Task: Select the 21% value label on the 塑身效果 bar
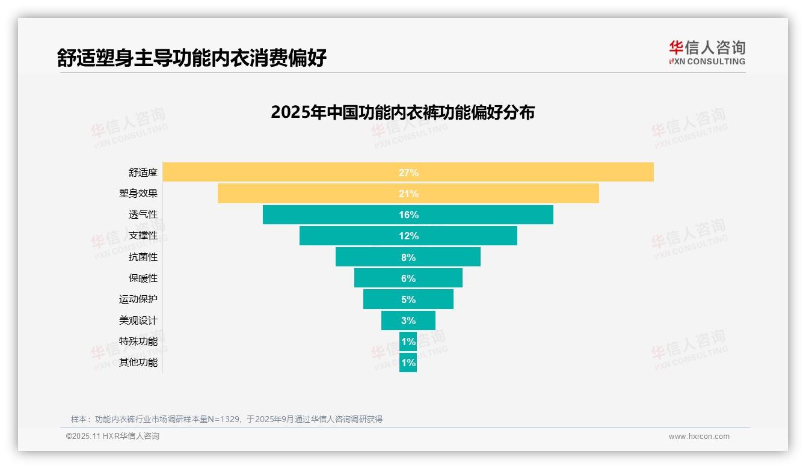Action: [x=408, y=194]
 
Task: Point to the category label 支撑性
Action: [x=143, y=236]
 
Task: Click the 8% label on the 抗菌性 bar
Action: [x=408, y=257]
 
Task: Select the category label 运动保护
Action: [x=138, y=299]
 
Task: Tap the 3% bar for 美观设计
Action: [x=391, y=320]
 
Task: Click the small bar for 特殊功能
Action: [x=408, y=342]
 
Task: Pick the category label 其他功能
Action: [x=138, y=363]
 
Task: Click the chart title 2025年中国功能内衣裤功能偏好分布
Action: [x=402, y=112]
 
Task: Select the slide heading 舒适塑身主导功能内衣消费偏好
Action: [x=192, y=58]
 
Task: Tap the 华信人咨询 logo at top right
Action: [x=707, y=52]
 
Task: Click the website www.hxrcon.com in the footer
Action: [x=698, y=437]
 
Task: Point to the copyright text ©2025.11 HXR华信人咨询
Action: [x=112, y=437]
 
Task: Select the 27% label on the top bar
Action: [x=408, y=173]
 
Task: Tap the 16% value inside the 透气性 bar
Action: [x=408, y=215]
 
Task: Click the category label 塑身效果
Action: [x=138, y=194]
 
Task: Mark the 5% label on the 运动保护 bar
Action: [x=408, y=299]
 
